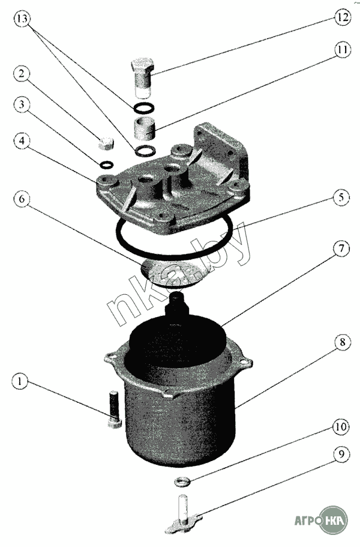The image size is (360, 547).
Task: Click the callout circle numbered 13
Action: (x=22, y=19)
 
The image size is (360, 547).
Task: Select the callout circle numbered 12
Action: (x=342, y=17)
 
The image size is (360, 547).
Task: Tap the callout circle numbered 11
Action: (x=342, y=50)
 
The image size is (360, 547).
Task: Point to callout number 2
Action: (x=22, y=74)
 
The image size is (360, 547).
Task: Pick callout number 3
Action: (x=22, y=104)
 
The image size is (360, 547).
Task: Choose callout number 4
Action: (x=22, y=141)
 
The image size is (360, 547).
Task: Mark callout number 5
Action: (x=341, y=198)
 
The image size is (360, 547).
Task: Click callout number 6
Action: (x=22, y=199)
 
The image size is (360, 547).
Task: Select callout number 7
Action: (x=341, y=249)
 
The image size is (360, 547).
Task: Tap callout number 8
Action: (x=342, y=342)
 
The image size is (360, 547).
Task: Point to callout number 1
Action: (x=20, y=381)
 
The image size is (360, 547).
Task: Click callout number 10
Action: (x=341, y=427)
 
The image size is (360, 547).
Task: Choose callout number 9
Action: (x=341, y=454)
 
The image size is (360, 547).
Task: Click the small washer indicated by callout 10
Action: (x=182, y=482)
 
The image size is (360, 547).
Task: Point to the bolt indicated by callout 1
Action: (x=114, y=410)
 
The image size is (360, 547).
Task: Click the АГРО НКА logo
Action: (x=321, y=521)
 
